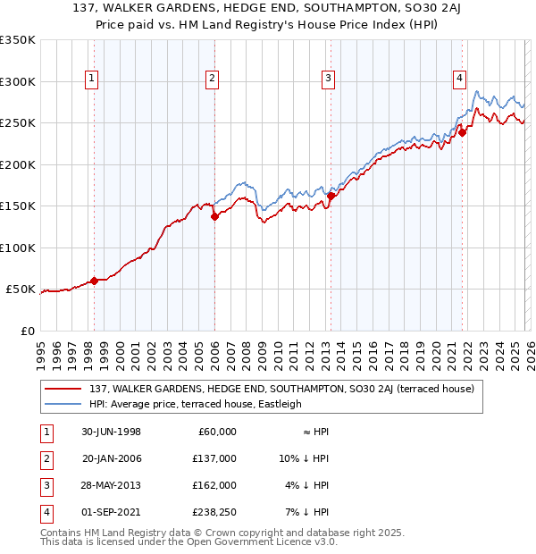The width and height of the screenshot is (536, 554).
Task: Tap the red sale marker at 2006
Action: click(214, 216)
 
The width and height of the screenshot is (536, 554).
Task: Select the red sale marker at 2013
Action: click(331, 196)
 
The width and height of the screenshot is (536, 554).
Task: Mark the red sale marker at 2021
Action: click(462, 132)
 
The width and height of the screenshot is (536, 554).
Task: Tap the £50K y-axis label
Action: click(21, 290)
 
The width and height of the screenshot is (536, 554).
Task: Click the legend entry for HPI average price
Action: click(196, 404)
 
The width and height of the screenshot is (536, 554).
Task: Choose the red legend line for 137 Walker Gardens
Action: click(63, 389)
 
